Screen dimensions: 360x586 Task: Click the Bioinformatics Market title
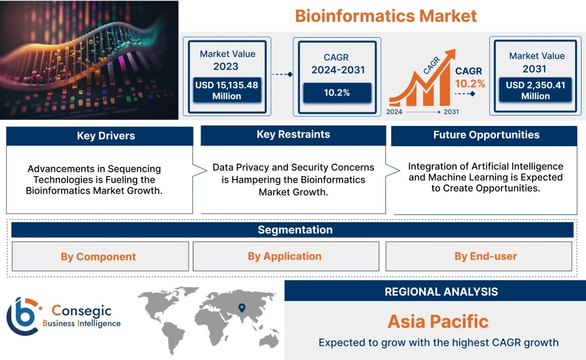point(385,15)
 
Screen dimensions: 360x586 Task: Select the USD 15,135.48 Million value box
point(226,91)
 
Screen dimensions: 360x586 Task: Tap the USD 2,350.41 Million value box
point(535,91)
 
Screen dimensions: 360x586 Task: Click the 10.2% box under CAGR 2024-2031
point(336,92)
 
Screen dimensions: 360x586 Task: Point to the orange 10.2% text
point(470,83)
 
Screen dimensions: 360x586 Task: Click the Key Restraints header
point(293,135)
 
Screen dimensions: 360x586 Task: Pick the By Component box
point(98,256)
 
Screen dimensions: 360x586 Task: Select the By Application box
point(285,256)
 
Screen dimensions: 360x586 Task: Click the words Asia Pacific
point(438,321)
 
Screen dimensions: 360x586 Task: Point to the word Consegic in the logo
point(81,311)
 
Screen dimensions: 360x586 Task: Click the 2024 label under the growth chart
point(394,112)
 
